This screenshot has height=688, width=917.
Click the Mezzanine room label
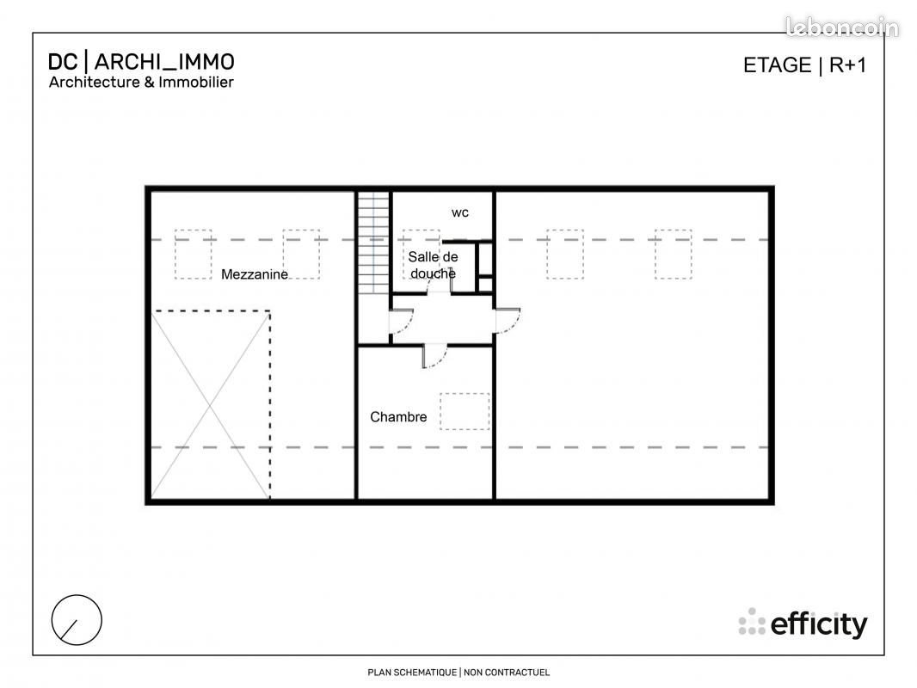pyautogui.click(x=255, y=274)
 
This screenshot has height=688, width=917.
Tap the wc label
pyautogui.click(x=460, y=212)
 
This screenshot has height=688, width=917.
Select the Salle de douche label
pyautogui.click(x=433, y=265)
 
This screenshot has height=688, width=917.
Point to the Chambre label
pyautogui.click(x=398, y=417)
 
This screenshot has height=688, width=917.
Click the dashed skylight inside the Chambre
pyautogui.click(x=465, y=411)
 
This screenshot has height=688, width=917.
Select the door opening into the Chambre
pyautogui.click(x=435, y=356)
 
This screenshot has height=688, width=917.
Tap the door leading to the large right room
pyautogui.click(x=508, y=320)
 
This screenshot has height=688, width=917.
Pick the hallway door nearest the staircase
pyautogui.click(x=400, y=320)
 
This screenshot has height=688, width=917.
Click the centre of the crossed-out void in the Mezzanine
pyautogui.click(x=211, y=404)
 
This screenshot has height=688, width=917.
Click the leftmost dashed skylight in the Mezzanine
pyautogui.click(x=193, y=254)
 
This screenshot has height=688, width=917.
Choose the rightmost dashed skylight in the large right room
pyautogui.click(x=673, y=254)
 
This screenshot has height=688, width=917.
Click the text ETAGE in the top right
pyautogui.click(x=778, y=65)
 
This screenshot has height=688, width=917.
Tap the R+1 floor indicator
pyautogui.click(x=847, y=65)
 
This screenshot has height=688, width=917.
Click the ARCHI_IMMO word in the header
pyautogui.click(x=163, y=62)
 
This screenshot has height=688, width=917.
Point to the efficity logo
pyautogui.click(x=803, y=623)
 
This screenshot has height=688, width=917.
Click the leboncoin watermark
pyautogui.click(x=842, y=28)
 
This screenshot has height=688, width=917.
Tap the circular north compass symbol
pyautogui.click(x=77, y=619)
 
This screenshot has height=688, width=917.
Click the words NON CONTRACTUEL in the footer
pyautogui.click(x=507, y=673)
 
